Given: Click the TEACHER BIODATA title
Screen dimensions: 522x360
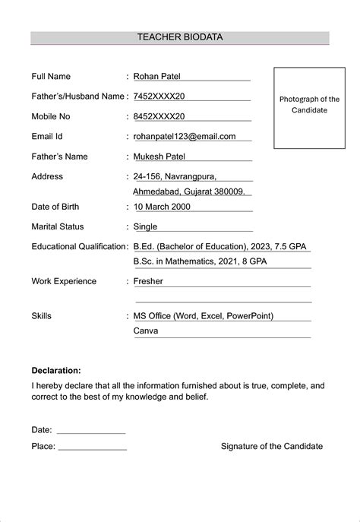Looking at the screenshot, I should pyautogui.click(x=180, y=36).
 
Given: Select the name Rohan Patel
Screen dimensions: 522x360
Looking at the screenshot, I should pyautogui.click(x=157, y=77).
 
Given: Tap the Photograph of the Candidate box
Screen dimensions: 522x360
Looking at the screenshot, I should pyautogui.click(x=309, y=106).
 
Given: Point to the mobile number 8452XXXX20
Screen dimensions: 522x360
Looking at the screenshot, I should pyautogui.click(x=159, y=117).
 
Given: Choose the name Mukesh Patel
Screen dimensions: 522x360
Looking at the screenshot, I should pyautogui.click(x=159, y=157).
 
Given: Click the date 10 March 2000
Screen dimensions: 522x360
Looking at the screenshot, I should pyautogui.click(x=162, y=207).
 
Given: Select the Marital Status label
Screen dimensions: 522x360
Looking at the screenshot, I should pyautogui.click(x=58, y=226).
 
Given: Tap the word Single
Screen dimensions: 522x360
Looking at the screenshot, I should pyautogui.click(x=145, y=226).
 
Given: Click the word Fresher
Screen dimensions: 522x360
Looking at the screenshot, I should pyautogui.click(x=148, y=281).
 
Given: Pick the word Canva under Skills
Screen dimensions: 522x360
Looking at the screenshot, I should pyautogui.click(x=146, y=331).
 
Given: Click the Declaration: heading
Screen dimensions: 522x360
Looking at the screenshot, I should pyautogui.click(x=56, y=371).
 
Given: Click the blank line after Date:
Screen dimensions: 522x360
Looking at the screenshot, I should pyautogui.click(x=91, y=431).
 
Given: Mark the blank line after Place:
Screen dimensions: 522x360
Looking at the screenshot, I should pyautogui.click(x=93, y=448).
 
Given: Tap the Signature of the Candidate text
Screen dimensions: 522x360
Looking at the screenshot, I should pyautogui.click(x=271, y=447).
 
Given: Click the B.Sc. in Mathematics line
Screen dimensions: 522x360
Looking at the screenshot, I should pyautogui.click(x=200, y=262).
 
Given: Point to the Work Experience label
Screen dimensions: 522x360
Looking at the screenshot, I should pyautogui.click(x=64, y=281).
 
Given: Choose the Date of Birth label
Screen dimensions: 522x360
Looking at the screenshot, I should pyautogui.click(x=55, y=207).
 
